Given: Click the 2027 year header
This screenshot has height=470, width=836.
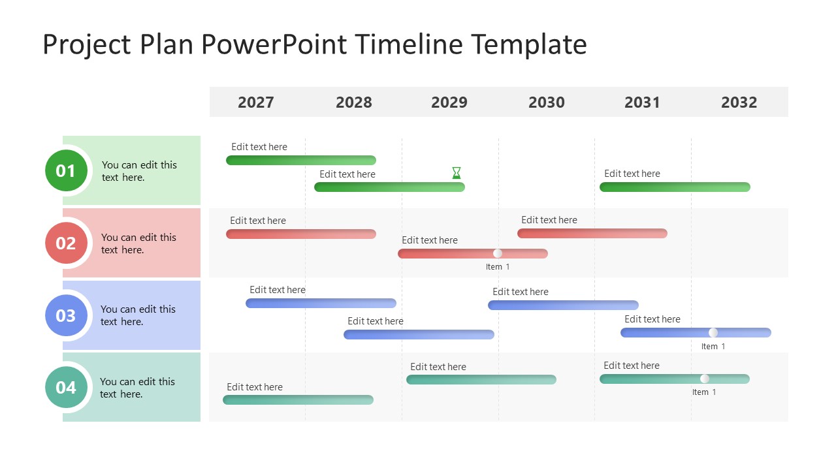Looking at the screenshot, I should point(255,102).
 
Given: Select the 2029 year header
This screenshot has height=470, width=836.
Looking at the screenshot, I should point(449,102).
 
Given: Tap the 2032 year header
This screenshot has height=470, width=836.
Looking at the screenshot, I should point(739,102).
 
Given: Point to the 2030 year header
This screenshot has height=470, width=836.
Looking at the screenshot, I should point(546,102).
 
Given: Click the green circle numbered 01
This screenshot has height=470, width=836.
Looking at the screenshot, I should point(66,171).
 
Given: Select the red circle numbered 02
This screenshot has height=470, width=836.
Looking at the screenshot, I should point(66,243).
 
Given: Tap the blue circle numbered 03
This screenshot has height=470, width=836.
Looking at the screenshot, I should point(66,316).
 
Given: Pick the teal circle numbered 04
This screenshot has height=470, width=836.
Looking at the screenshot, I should point(66,388).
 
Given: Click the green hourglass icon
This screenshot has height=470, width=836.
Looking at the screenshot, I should point(457,173).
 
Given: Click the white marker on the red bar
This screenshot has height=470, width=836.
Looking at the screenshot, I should point(498,253).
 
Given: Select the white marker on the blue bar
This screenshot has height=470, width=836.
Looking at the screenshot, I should point(713,332).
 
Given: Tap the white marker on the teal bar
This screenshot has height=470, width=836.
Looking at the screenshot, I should point(704,379).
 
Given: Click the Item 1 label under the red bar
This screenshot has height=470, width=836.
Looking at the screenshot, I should point(498,267).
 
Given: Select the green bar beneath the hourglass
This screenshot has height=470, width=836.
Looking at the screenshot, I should point(389,187).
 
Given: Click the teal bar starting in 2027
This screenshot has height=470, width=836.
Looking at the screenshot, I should point(298,399).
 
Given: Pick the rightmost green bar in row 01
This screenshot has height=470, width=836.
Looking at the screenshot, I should point(675,187).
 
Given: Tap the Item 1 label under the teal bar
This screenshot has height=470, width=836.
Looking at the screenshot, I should point(704,392).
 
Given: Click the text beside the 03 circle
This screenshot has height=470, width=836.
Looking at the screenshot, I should point(138,315).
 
